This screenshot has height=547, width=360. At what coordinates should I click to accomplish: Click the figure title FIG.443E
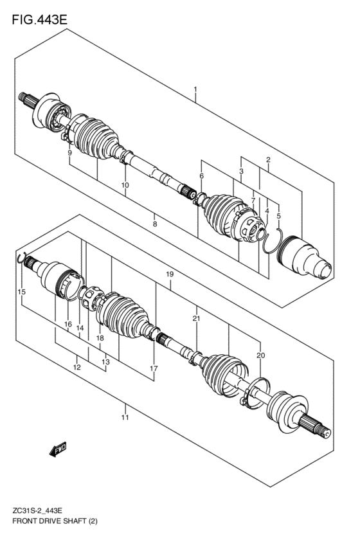tap(39, 20)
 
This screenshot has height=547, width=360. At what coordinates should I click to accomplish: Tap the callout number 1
tap(195, 89)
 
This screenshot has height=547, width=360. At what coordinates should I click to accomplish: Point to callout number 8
tap(154, 224)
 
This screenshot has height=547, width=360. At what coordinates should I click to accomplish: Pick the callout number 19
tap(170, 274)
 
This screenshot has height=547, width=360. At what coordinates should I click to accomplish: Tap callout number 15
tap(22, 292)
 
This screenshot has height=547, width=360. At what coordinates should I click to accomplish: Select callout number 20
tap(260, 355)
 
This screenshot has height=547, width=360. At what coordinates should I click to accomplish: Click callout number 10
tap(125, 185)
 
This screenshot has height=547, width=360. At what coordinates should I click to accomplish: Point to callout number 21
tap(195, 318)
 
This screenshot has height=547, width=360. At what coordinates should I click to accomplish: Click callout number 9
tap(70, 152)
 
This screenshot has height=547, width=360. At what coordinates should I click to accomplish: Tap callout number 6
tap(201, 175)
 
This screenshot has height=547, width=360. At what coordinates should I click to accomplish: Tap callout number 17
tap(154, 368)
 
